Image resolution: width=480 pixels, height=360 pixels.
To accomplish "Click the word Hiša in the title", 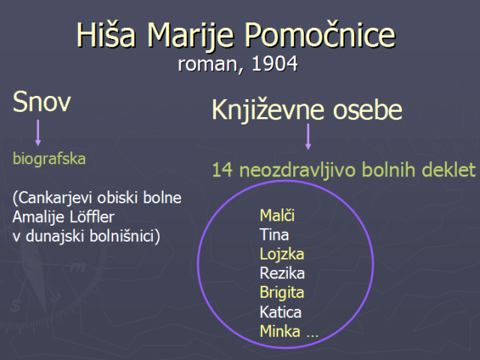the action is pyautogui.click(x=106, y=35).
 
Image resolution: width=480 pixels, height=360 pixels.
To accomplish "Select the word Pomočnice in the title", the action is pyautogui.click(x=320, y=35).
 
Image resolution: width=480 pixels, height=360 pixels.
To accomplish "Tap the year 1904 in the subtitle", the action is pyautogui.click(x=274, y=64).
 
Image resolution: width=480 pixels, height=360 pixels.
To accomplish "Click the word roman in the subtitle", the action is pyautogui.click(x=207, y=65).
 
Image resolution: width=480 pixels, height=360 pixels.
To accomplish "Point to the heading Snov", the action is pyautogui.click(x=42, y=102).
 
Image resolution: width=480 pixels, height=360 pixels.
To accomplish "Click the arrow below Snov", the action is pyautogui.click(x=38, y=133).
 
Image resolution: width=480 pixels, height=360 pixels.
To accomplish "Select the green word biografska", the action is pyautogui.click(x=49, y=158).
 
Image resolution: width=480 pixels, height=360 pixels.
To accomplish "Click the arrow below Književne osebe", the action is pyautogui.click(x=308, y=136).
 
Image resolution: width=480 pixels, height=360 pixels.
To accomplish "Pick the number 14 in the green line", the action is pyautogui.click(x=222, y=170).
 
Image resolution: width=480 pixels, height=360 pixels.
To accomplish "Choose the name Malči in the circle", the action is pyautogui.click(x=277, y=215).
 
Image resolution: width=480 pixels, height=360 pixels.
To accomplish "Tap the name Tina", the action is pyautogui.click(x=274, y=235).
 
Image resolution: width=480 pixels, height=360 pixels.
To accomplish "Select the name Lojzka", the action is pyautogui.click(x=282, y=254).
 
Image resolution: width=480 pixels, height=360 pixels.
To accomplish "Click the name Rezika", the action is pyautogui.click(x=282, y=273).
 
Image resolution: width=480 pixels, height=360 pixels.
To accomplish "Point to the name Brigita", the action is pyautogui.click(x=282, y=292).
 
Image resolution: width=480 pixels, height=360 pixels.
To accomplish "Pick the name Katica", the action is pyautogui.click(x=280, y=312).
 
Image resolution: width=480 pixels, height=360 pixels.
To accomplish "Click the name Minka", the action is pyautogui.click(x=280, y=331).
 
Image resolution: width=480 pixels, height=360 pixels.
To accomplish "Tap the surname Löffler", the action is pyautogui.click(x=91, y=217).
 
